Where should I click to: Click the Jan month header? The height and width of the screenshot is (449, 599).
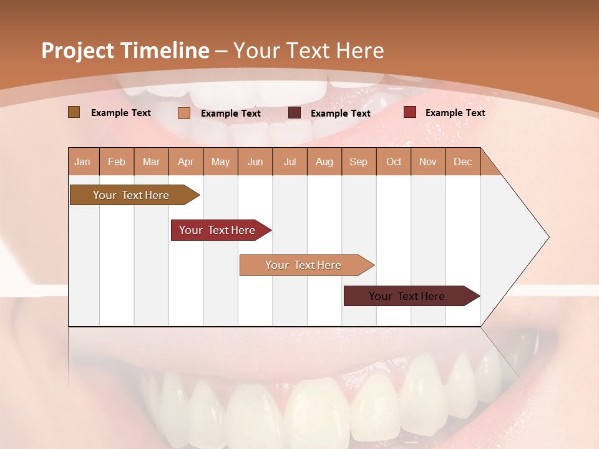pyautogui.click(x=83, y=162)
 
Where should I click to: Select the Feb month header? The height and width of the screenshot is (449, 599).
pyautogui.click(x=117, y=162)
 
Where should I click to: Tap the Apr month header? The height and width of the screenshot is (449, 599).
pyautogui.click(x=186, y=162)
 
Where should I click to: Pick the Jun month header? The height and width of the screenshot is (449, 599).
pyautogui.click(x=255, y=162)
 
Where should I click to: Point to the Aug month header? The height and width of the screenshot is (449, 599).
pyautogui.click(x=324, y=162)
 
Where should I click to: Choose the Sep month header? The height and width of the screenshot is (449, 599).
pyautogui.click(x=359, y=162)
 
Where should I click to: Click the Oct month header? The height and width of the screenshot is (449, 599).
pyautogui.click(x=394, y=162)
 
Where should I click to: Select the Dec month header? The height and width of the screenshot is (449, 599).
pyautogui.click(x=463, y=162)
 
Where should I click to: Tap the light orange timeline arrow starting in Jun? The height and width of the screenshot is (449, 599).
pyautogui.click(x=304, y=265)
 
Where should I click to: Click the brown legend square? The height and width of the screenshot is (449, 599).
pyautogui.click(x=74, y=112)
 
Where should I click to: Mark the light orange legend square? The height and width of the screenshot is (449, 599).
pyautogui.click(x=183, y=113)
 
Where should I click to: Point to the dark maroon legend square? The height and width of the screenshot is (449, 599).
pyautogui.click(x=295, y=113)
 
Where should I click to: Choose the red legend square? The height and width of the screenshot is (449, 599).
pyautogui.click(x=409, y=112)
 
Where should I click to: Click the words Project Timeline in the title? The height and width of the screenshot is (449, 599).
pyautogui.click(x=125, y=51)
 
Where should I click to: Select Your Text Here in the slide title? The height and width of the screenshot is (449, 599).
pyautogui.click(x=308, y=51)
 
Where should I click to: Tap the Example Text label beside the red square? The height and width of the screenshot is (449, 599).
pyautogui.click(x=455, y=112)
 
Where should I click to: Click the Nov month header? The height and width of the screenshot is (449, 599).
pyautogui.click(x=428, y=162)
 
